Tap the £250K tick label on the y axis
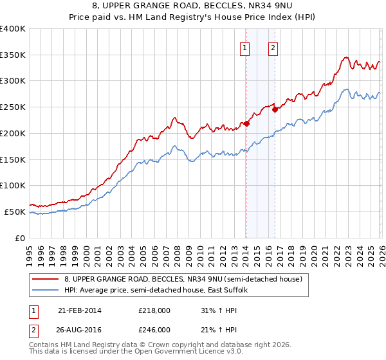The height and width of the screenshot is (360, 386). click(x=13, y=107)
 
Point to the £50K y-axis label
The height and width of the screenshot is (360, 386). click(x=15, y=212)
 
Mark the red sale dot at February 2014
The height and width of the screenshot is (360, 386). click(x=246, y=123)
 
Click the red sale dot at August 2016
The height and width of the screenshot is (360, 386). click(x=275, y=109)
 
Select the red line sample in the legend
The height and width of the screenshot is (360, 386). click(x=45, y=279)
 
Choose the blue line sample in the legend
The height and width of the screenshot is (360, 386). click(x=45, y=290)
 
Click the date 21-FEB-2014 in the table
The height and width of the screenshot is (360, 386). click(x=79, y=310)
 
